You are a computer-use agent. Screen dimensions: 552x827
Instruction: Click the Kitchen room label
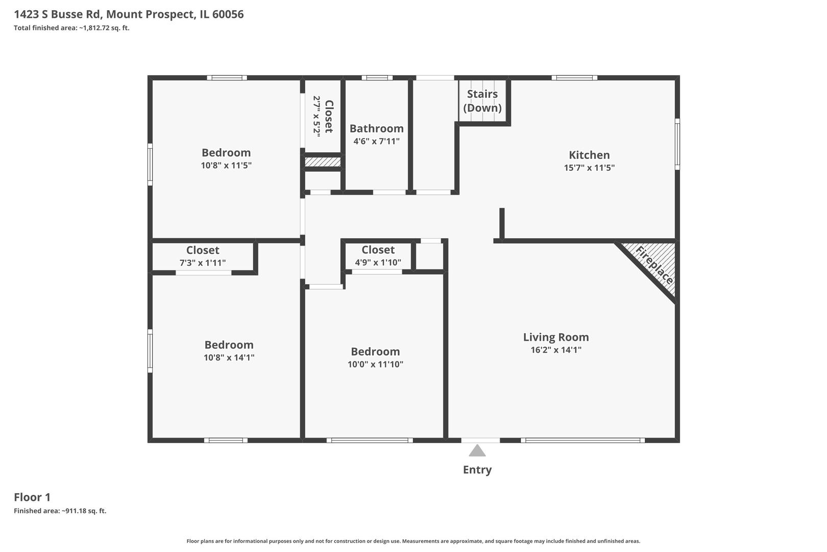pyautogui.click(x=589, y=155)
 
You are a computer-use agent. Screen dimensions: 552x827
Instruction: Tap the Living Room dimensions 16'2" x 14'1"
pyautogui.click(x=556, y=350)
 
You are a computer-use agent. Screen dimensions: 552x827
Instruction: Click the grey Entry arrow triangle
pyautogui.click(x=477, y=451)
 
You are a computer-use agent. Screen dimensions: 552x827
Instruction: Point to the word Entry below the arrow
pyautogui.click(x=477, y=470)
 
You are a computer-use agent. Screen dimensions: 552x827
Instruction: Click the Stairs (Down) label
pyautogui.click(x=482, y=101)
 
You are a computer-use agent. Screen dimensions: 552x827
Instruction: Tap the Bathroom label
pyautogui.click(x=377, y=129)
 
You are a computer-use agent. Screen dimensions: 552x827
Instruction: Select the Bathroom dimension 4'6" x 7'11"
pyautogui.click(x=377, y=141)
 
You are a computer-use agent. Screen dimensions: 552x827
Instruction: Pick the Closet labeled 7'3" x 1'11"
pyautogui.click(x=203, y=256)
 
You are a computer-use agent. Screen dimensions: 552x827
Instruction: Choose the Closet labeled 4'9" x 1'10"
pyautogui.click(x=378, y=256)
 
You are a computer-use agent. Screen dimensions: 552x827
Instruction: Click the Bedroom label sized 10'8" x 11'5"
pyautogui.click(x=226, y=153)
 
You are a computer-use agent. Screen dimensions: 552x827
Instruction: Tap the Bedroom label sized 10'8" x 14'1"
pyautogui.click(x=229, y=345)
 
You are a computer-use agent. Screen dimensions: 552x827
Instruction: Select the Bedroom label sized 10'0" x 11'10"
pyautogui.click(x=375, y=352)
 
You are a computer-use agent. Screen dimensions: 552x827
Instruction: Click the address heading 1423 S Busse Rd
pyautogui.click(x=129, y=14)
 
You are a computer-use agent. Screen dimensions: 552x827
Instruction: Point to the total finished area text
pyautogui.click(x=71, y=28)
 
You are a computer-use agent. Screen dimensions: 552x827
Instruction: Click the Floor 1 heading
pyautogui.click(x=32, y=497)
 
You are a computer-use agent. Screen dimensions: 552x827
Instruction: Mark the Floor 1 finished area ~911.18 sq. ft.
pyautogui.click(x=60, y=511)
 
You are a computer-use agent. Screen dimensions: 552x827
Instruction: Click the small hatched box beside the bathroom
pyautogui.click(x=323, y=162)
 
